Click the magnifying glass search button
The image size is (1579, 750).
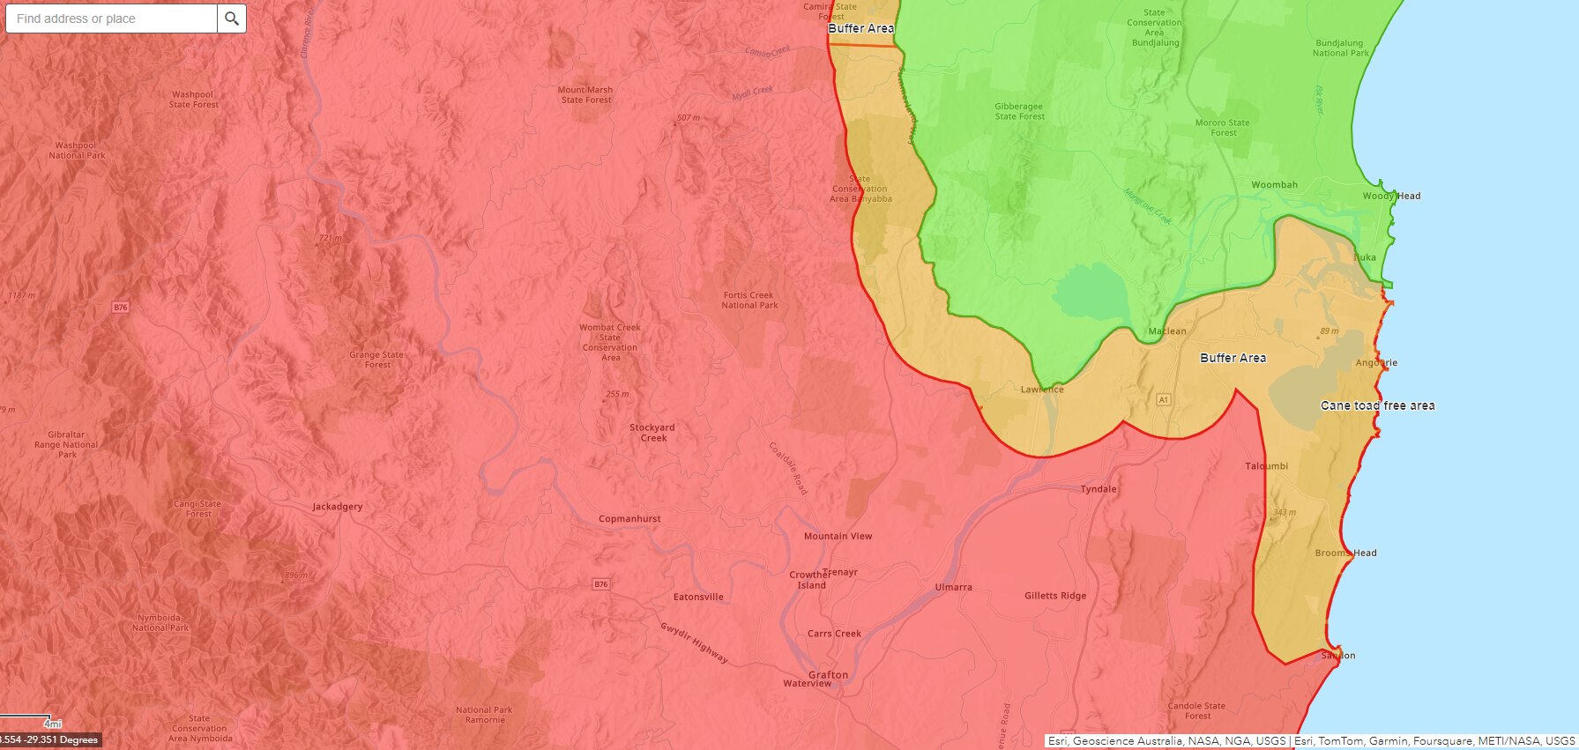[x=232, y=19]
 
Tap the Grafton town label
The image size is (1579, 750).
[x=828, y=675]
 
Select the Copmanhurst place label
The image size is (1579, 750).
[x=629, y=519]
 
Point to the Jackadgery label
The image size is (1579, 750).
[x=338, y=507]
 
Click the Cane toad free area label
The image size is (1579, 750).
[x=1377, y=405]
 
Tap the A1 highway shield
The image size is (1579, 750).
[x=1163, y=400]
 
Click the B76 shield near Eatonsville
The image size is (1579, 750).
[x=600, y=584]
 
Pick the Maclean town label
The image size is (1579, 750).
[x=1167, y=331]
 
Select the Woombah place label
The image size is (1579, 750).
[x=1274, y=185]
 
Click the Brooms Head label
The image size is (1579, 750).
[x=1345, y=553]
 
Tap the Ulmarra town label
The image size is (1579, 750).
[x=953, y=587]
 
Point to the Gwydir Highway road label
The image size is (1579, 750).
[x=694, y=642]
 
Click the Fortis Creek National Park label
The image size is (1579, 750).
[x=749, y=301]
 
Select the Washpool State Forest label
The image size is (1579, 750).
[x=193, y=100]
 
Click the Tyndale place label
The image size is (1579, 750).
[x=1099, y=489]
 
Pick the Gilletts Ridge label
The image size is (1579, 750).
[x=1055, y=596]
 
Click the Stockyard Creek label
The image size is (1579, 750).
[x=652, y=433]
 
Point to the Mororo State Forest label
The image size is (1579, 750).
[x=1222, y=128]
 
